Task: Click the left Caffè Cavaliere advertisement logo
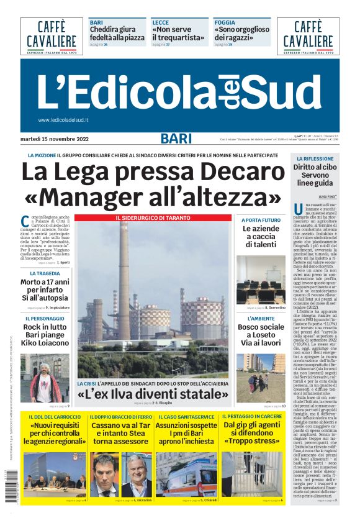52,36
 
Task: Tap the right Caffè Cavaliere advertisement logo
308,36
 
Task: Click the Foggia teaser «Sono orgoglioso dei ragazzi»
242,33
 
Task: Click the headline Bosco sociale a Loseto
261,336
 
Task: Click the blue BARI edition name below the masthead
176,139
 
